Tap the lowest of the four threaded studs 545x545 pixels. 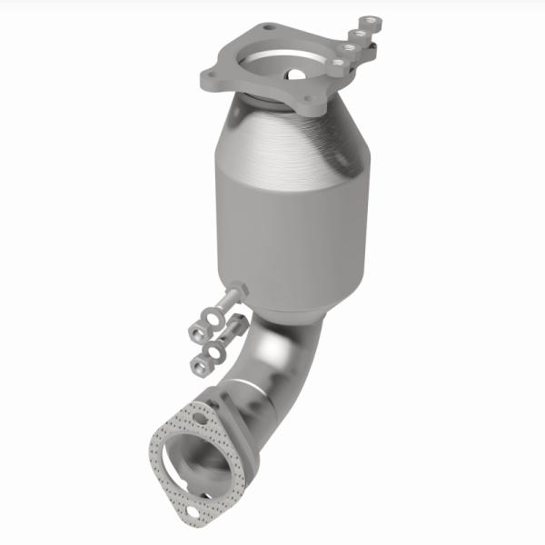pyautogui.click(x=337, y=64)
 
